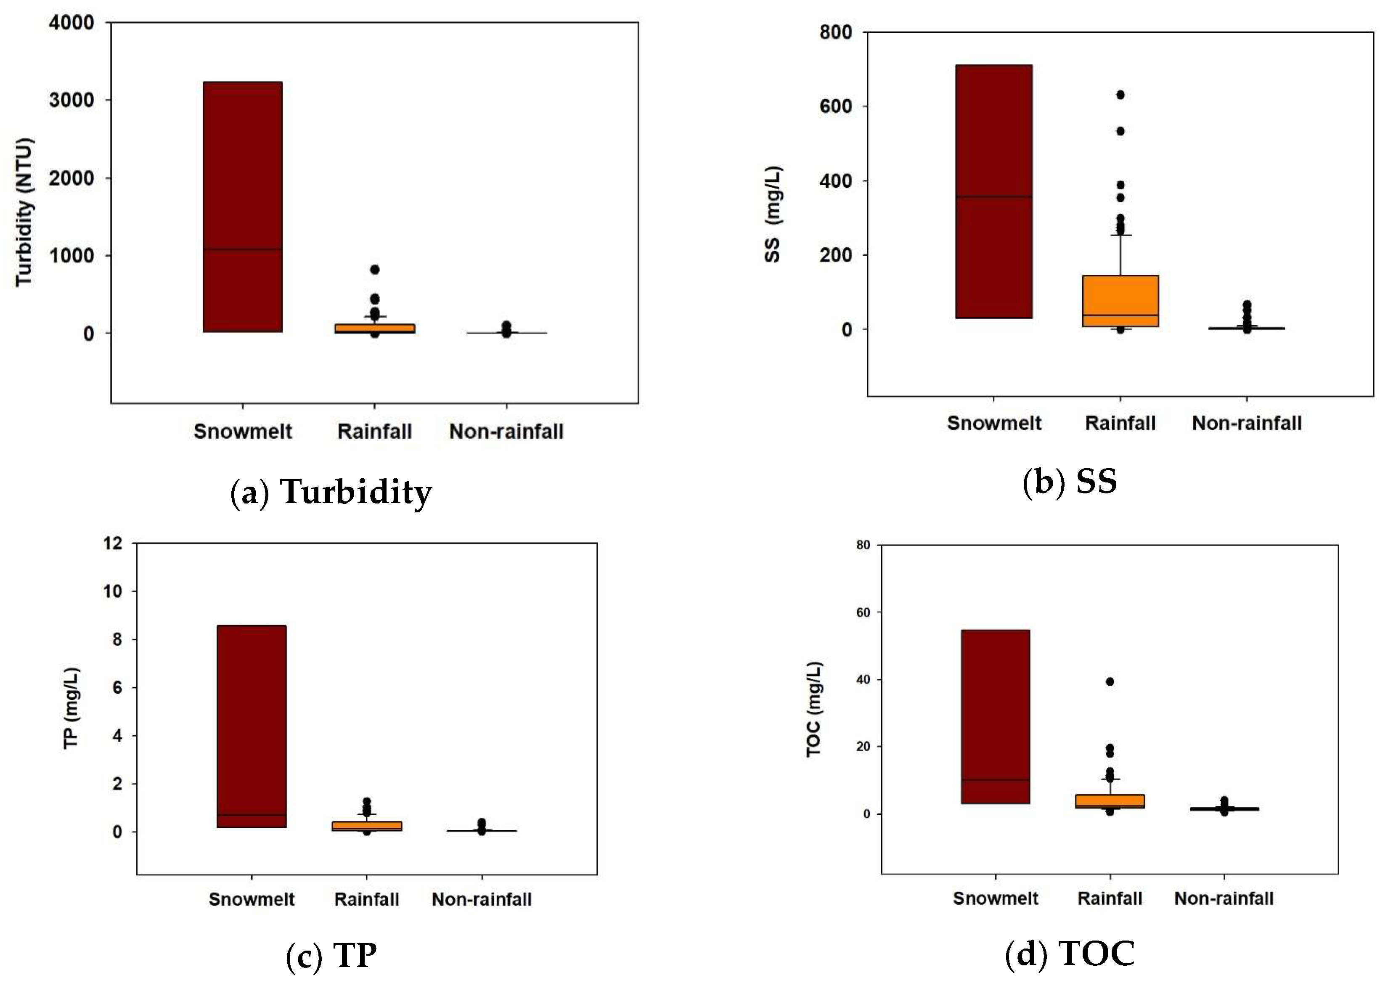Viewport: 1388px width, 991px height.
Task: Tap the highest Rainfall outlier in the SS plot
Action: [x=1120, y=95]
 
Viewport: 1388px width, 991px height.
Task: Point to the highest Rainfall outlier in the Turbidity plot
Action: [x=375, y=269]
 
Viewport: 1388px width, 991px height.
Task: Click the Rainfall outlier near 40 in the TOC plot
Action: [x=1110, y=681]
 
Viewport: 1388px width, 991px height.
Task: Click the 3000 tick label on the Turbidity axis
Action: [x=72, y=100]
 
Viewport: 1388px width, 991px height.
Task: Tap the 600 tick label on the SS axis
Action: [x=835, y=106]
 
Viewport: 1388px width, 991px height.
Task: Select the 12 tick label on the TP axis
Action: [x=113, y=543]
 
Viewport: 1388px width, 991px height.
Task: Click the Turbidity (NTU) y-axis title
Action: [x=24, y=212]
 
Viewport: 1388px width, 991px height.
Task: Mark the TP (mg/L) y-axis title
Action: [x=72, y=708]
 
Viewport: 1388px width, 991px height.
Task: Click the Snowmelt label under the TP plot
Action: [x=252, y=899]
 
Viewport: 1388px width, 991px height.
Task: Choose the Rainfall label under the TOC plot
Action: [x=1110, y=898]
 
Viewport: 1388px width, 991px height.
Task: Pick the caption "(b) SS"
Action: [x=1070, y=482]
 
